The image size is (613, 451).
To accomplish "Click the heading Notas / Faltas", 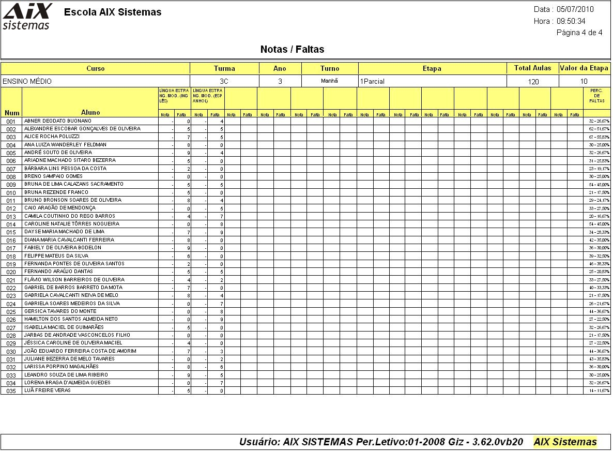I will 292,50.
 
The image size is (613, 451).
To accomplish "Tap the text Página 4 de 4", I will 579,33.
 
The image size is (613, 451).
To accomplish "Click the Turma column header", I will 224,68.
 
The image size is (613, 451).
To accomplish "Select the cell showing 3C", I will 224,81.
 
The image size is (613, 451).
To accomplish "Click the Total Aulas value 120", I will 533,82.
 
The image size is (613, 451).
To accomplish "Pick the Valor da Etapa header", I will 584,68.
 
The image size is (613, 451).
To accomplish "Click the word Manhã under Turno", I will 329,81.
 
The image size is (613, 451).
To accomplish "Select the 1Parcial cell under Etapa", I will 372,81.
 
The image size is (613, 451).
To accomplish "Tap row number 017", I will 11,248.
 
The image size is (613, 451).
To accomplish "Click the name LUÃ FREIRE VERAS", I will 47,390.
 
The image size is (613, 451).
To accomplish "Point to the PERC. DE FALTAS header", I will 596,95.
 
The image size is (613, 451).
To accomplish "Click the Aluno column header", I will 90,112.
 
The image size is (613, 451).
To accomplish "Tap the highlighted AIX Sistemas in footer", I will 565,442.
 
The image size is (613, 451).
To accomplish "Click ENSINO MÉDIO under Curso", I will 27,81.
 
